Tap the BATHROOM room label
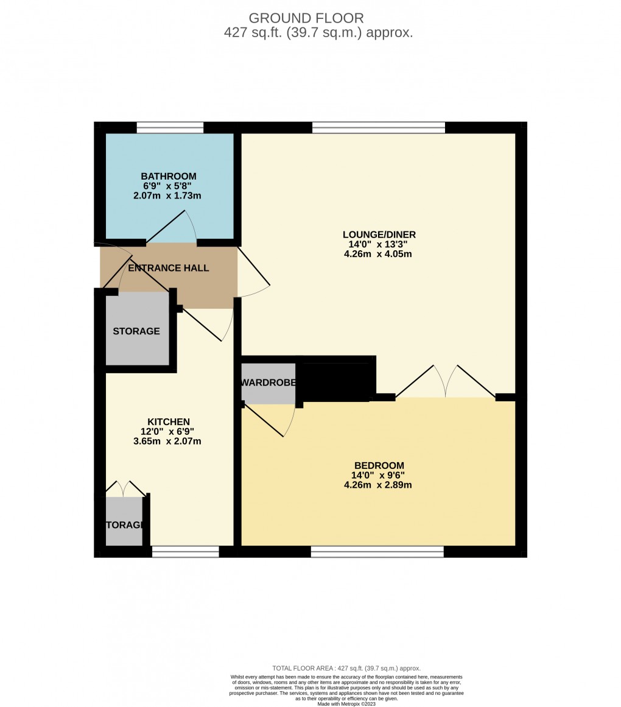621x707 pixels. pos(169,176)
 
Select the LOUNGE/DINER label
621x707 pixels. pos(379,234)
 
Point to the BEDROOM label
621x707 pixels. pos(377,465)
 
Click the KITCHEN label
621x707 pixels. pos(169,421)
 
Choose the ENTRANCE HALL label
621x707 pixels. pos(168,268)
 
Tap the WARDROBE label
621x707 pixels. pos(268,382)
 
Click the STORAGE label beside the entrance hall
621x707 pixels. pos(136,331)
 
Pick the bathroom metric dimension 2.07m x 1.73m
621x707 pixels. pos(167,196)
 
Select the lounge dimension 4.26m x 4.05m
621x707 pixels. pos(377,254)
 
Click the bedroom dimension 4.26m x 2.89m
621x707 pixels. pos(377,485)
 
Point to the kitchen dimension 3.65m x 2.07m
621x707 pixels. pos(167,441)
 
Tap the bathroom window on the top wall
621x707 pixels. pos(170,127)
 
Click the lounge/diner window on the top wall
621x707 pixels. pos(378,127)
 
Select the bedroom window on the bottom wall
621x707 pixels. pos(377,552)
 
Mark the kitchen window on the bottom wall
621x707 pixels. pos(185,552)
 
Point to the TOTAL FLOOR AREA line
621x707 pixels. pos(346,668)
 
